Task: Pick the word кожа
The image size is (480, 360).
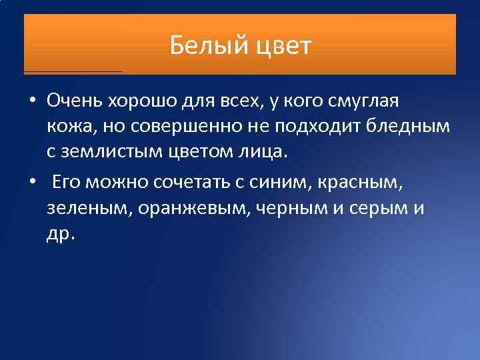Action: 68,127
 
